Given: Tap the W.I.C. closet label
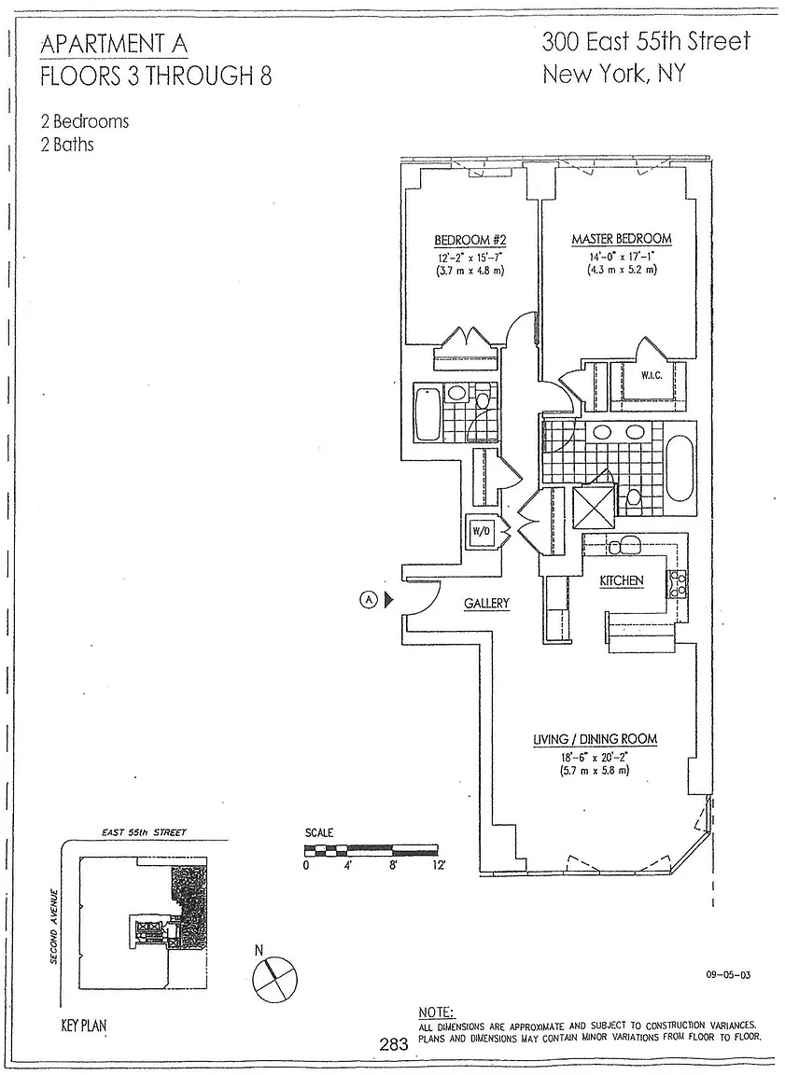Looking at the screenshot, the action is tap(652, 376).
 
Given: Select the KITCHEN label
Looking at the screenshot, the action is tap(622, 580).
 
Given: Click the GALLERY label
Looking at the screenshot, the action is tap(486, 604).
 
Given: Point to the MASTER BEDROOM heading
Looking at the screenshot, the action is tap(622, 239).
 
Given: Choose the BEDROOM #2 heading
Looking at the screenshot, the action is tap(470, 240).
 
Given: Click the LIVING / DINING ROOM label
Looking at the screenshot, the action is tap(596, 740).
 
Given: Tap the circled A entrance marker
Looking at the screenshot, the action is tap(369, 600).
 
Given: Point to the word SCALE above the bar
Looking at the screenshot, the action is tap(319, 832).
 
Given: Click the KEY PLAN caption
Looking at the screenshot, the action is tap(84, 1026).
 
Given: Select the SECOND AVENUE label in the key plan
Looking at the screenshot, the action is tap(53, 927).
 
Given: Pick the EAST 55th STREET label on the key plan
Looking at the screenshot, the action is tap(144, 832).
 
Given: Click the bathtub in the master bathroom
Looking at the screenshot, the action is tap(680, 468).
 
